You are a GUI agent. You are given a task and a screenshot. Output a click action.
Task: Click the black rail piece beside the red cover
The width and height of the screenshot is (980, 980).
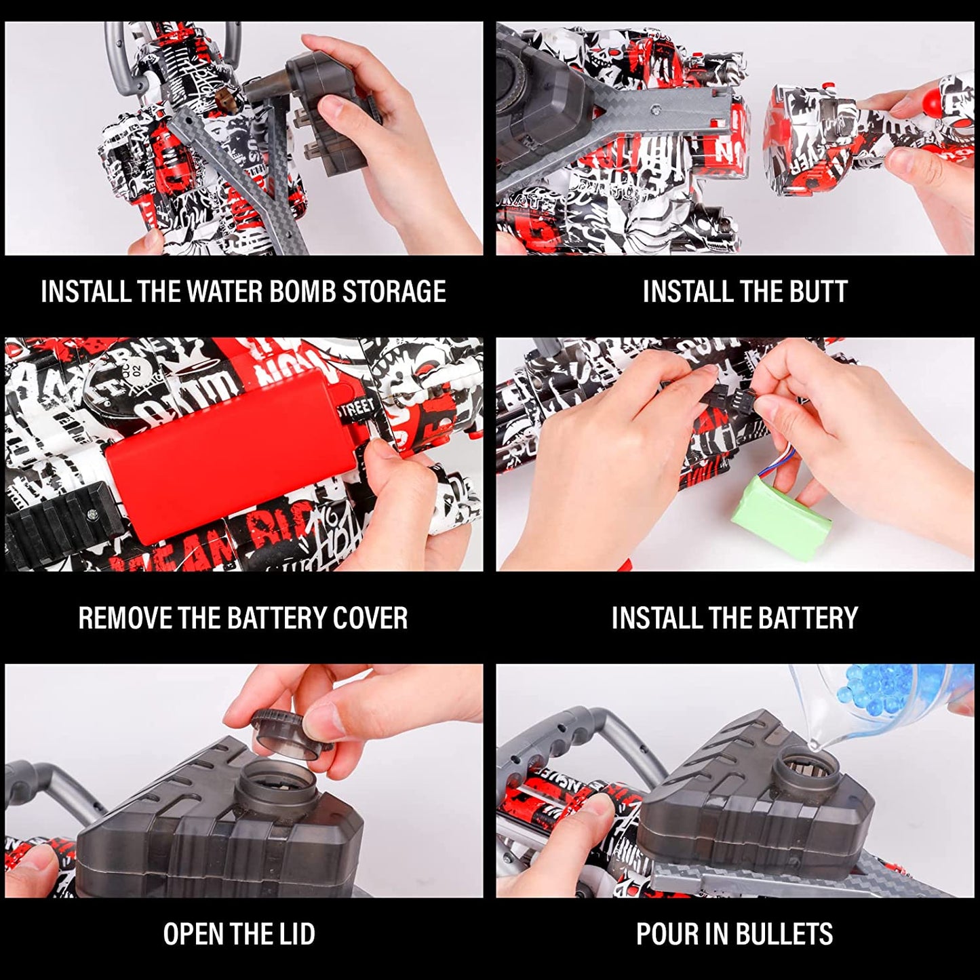(58, 519)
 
